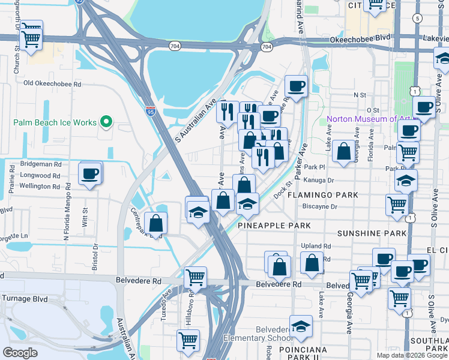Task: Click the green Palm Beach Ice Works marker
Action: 107,122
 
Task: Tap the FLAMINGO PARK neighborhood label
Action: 322,195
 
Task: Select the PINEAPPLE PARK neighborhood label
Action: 274,225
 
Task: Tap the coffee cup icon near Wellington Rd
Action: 91,174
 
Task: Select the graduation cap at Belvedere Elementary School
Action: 301,327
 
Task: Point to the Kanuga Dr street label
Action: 318,180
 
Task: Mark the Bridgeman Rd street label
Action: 41,164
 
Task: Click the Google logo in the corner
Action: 20,353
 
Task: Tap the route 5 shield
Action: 417,18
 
